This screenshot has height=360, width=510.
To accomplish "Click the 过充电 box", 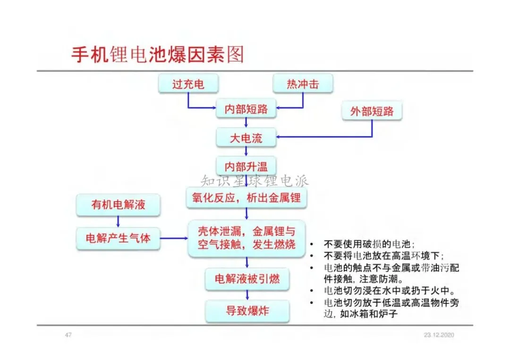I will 188,84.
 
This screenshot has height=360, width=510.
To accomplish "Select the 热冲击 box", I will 303,84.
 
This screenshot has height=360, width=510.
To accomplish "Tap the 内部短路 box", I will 246,109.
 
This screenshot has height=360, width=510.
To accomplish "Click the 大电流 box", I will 246,138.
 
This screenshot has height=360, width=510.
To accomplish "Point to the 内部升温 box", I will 246,166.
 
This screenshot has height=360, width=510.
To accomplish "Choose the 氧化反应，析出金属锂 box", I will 246,197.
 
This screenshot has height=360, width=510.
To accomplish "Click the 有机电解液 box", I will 118,205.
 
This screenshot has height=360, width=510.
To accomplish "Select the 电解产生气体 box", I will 118,238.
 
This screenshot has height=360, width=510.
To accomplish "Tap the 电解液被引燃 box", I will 247,278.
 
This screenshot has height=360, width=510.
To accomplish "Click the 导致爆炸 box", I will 247,311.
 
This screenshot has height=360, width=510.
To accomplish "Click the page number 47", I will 68,335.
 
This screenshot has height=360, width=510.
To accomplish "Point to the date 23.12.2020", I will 439,335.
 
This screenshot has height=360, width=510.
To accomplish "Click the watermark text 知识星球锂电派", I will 255,180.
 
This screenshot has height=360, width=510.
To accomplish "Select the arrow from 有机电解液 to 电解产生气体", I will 118,221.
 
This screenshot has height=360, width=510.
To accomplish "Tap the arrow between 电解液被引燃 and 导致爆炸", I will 247,295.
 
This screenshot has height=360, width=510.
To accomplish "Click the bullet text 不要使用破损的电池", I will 369,244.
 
